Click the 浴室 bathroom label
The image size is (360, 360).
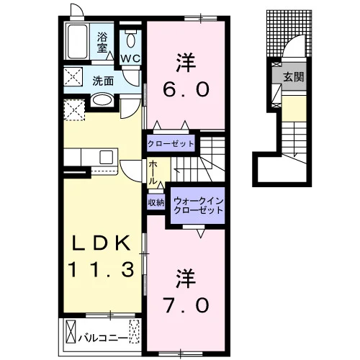pos(102,42)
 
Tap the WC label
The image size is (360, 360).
pos(130,58)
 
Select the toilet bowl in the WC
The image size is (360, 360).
pos(131,39)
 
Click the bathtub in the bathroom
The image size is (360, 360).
pos(78,42)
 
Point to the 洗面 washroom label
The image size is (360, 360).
pos(103,81)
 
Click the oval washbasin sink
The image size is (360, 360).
pos(102,100)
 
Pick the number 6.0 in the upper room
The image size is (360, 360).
pos(186,89)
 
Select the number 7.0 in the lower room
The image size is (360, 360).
pos(186,305)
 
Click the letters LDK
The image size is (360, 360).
pos(102,243)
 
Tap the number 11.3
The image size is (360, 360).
pos(101,269)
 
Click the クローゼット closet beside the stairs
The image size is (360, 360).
pos(171,144)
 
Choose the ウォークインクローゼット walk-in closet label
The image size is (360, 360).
pos(198,205)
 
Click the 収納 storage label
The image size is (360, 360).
pos(156,203)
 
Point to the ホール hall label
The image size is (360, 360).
pos(153,173)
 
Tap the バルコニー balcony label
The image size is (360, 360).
pos(103,338)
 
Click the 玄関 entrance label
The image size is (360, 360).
pos(294,77)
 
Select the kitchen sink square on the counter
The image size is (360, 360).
pos(106,157)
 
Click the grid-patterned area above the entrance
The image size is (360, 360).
pos(289,34)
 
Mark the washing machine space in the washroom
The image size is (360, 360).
pos(73,76)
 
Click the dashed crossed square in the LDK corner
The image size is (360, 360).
pos(75,110)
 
